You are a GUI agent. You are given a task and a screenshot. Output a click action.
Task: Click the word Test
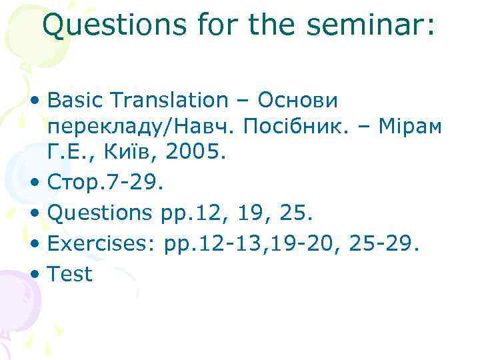(70, 273)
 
